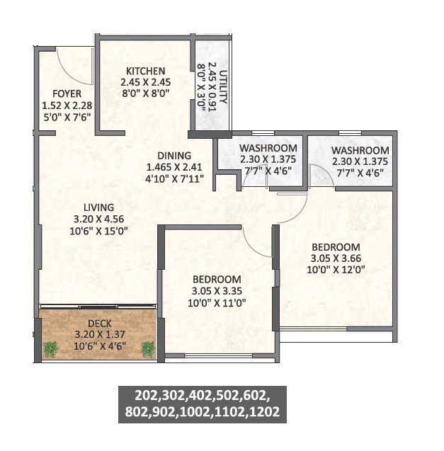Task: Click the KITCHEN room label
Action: click(146, 71)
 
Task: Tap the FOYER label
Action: click(67, 93)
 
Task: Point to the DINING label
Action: click(174, 156)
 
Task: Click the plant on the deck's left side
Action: click(51, 348)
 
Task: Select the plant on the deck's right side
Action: click(148, 348)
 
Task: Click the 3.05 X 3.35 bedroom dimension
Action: click(216, 291)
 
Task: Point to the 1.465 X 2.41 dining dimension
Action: click(174, 167)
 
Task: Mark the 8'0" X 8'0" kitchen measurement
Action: click(146, 93)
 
